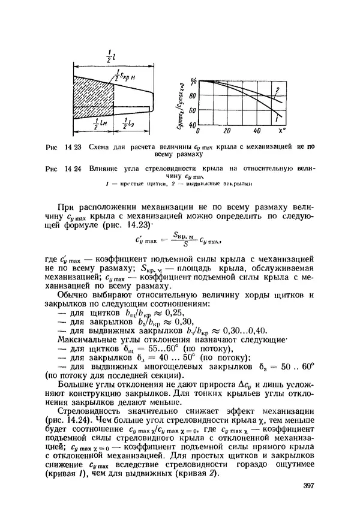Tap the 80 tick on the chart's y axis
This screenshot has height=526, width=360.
pyautogui.click(x=192, y=95)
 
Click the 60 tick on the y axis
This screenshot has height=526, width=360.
pyautogui.click(x=192, y=110)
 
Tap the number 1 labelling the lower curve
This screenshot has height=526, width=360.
pyautogui.click(x=276, y=120)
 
